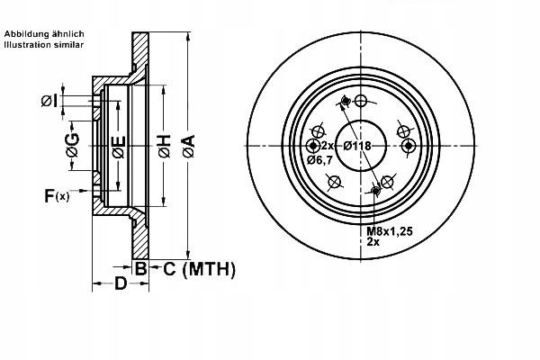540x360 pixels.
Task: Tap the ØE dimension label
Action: (x=119, y=147)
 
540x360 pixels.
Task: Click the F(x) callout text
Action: (x=55, y=194)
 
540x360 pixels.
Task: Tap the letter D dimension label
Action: (x=120, y=283)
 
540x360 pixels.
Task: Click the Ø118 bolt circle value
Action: (x=357, y=146)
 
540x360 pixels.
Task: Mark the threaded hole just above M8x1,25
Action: (x=377, y=190)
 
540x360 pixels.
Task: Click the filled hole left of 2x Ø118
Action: (x=313, y=146)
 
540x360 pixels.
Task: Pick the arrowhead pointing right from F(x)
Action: (x=89, y=194)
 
